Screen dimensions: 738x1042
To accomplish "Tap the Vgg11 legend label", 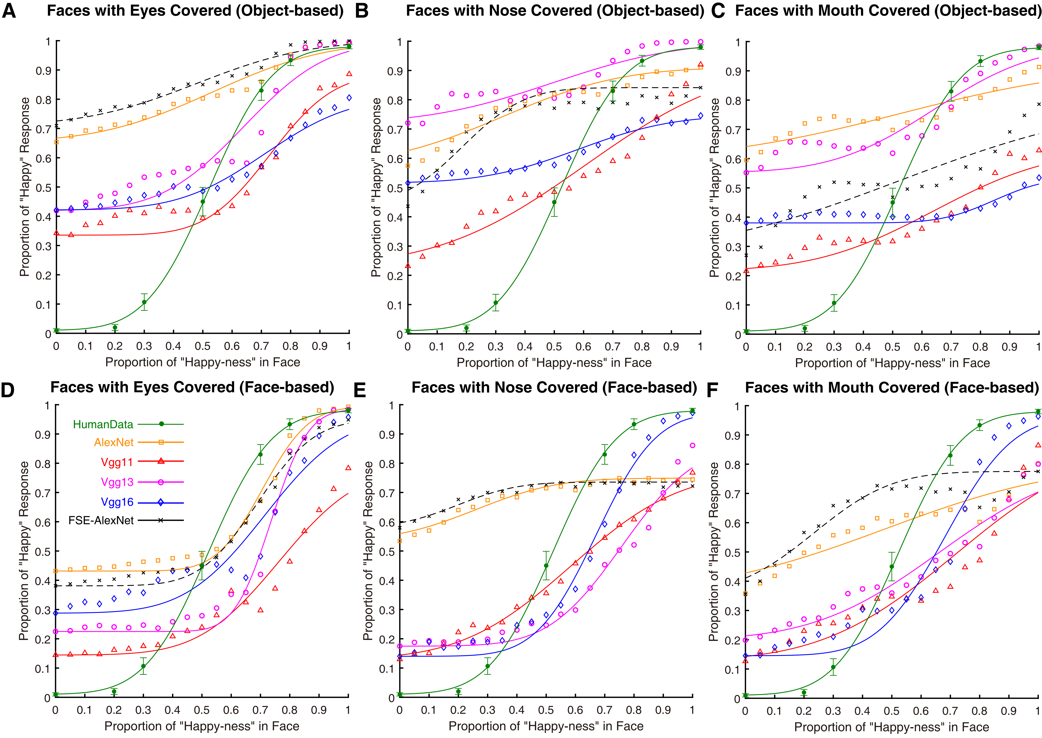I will point(117,462).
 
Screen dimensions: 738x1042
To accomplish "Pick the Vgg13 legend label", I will point(117,482).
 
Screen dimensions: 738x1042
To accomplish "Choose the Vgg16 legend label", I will point(117,502).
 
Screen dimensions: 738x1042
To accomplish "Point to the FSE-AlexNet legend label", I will point(101,520).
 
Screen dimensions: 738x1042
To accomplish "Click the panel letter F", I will point(712,389).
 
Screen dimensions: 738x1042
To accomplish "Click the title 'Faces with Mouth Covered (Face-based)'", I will point(892,388).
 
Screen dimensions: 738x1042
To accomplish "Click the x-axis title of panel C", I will point(892,363).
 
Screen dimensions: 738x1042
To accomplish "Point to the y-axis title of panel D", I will point(24,551).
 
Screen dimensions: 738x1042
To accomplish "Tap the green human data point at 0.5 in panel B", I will point(554,202).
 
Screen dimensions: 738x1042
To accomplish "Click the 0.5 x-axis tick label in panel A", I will point(203,346).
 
